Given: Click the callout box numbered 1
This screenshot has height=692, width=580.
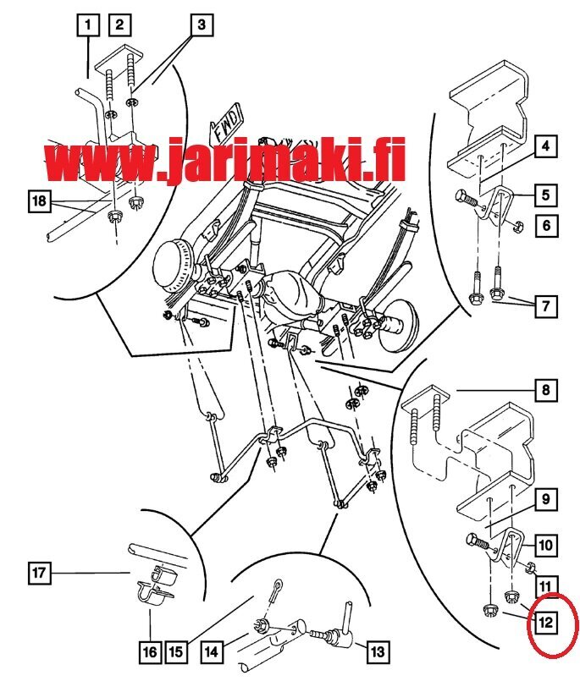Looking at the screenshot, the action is (x=88, y=25).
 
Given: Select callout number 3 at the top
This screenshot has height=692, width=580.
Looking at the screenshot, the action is (x=202, y=25).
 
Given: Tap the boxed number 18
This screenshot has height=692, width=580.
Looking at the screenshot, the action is (x=39, y=201).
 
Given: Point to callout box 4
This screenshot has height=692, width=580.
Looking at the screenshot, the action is (x=546, y=146).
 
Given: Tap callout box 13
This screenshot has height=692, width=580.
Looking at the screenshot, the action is (x=377, y=651).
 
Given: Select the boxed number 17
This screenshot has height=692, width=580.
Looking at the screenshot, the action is (x=39, y=573).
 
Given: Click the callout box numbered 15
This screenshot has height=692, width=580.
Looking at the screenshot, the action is (x=176, y=651).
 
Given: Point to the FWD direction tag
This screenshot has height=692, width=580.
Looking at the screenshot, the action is (x=227, y=124).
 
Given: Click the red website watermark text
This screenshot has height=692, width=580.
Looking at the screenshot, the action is (x=225, y=160).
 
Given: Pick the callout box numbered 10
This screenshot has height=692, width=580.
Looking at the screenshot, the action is (x=546, y=545).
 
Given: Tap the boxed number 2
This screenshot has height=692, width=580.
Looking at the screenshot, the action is (x=119, y=25).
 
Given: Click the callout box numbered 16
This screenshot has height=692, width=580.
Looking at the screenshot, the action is (x=150, y=651).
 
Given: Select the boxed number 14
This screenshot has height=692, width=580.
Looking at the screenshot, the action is (x=211, y=651).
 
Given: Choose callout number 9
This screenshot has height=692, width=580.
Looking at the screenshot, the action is (x=546, y=499).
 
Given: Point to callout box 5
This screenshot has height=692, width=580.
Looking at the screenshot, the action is (x=546, y=195).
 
